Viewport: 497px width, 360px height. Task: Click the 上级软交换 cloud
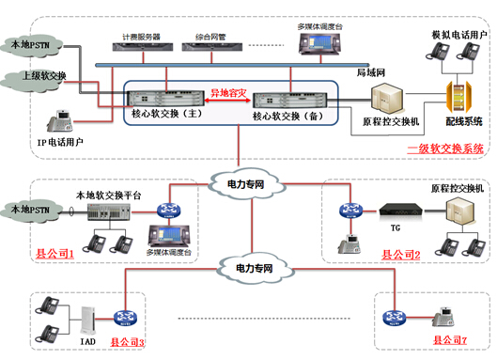pyautogui.click(x=37, y=76)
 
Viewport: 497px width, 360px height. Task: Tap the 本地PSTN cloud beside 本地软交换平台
pyautogui.click(x=28, y=208)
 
